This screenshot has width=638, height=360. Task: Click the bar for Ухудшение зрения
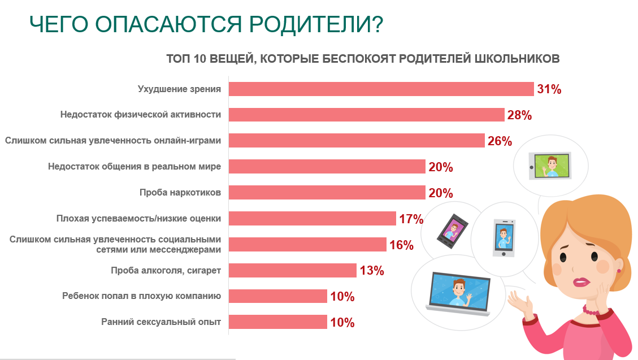tap(381, 89)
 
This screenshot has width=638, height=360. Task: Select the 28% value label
tap(519, 115)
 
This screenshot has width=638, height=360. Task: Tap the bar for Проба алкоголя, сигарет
tap(293, 271)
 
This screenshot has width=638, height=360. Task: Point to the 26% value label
tap(500, 141)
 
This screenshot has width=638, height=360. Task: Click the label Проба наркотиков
tap(180, 192)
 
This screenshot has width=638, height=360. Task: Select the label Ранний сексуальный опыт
tap(161, 322)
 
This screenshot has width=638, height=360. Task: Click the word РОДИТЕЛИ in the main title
tap(316, 24)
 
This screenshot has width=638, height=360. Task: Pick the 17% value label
tap(411, 219)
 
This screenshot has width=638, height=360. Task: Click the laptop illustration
tap(458, 293)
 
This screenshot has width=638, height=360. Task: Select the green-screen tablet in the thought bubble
tap(550, 166)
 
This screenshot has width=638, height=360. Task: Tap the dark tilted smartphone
tap(452, 231)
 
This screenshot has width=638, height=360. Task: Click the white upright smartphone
tap(504, 238)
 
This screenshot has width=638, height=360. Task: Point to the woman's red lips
tap(581, 282)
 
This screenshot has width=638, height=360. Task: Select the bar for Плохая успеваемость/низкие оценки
tap(312, 219)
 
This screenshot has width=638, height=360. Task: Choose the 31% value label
tap(549, 89)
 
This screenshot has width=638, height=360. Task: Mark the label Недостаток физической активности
tap(141, 115)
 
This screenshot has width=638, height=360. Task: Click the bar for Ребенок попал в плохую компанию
tap(278, 296)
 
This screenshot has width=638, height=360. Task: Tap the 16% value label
tap(401, 245)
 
